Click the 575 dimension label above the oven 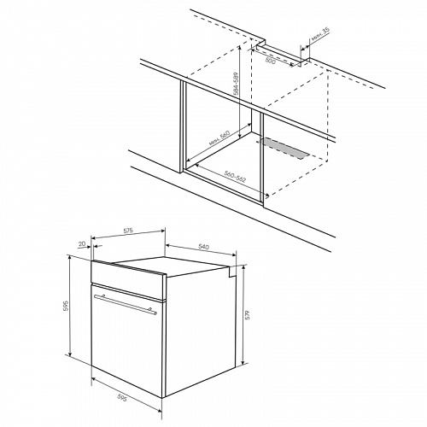pyautogui.click(x=128, y=231)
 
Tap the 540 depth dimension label pyautogui.click(x=203, y=247)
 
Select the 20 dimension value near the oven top pyautogui.click(x=82, y=243)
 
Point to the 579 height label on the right pyautogui.click(x=248, y=314)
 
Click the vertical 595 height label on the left pyautogui.click(x=66, y=306)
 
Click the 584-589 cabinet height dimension pyautogui.click(x=236, y=84)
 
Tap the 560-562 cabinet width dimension pyautogui.click(x=235, y=177)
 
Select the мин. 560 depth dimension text pyautogui.click(x=219, y=138)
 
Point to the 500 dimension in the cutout pyautogui.click(x=270, y=61)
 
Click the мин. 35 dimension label pyautogui.click(x=320, y=35)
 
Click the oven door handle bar pyautogui.click(x=126, y=305)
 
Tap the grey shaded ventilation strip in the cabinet pyautogui.click(x=284, y=148)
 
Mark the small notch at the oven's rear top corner pyautogui.click(x=232, y=272)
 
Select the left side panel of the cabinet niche pyautogui.click(x=183, y=126)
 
